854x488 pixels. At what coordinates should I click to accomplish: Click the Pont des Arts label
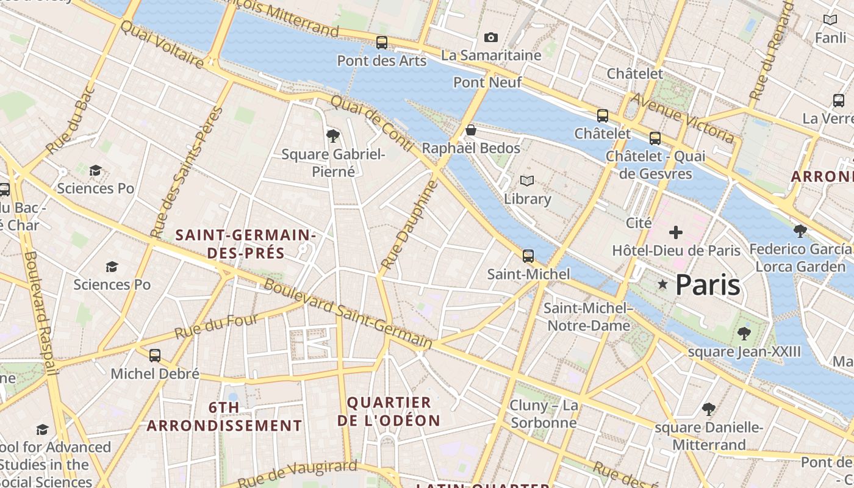tap(382, 60)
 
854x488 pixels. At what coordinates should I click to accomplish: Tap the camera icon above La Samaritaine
tap(491, 38)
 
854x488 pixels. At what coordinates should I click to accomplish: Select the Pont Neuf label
tap(487, 82)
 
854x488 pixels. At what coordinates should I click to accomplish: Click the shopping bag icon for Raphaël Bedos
tap(470, 130)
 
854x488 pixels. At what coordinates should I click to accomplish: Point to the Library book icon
tap(527, 181)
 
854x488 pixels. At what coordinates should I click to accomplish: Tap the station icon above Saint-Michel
tap(528, 256)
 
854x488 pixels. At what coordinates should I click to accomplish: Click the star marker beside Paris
tap(662, 284)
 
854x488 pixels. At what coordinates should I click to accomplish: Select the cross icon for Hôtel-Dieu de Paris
tap(675, 232)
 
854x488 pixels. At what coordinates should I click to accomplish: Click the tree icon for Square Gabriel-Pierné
tap(333, 135)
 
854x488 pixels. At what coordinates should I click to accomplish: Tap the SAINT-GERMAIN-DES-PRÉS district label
tap(245, 243)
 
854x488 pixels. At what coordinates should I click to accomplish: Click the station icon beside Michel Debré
tap(155, 356)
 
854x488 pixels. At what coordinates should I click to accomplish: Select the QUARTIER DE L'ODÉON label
tap(389, 411)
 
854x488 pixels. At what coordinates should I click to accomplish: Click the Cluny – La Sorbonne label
tap(544, 414)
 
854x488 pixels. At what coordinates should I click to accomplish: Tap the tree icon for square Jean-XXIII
tap(744, 333)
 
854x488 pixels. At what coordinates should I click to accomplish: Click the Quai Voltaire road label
tap(162, 44)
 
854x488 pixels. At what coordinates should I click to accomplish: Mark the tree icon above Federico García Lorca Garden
tap(800, 231)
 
